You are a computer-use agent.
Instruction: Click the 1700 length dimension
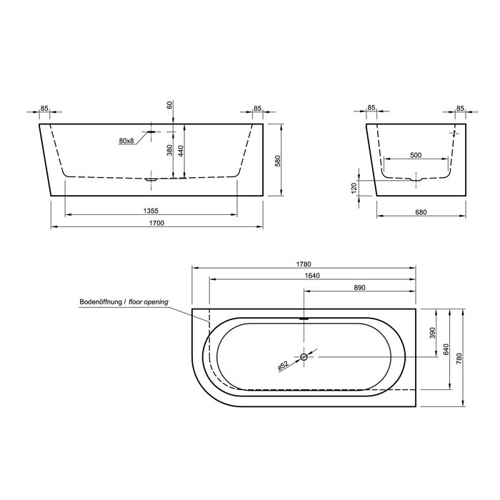tap(157, 223)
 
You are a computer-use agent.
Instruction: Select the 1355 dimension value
tap(151, 211)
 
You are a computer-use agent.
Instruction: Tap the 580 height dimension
tap(278, 161)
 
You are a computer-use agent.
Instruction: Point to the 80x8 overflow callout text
tap(126, 141)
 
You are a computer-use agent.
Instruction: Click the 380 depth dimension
tap(170, 150)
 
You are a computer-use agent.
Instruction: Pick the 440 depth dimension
tap(181, 151)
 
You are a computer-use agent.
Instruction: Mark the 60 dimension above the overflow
tap(170, 104)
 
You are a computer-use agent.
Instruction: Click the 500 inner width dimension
tap(416, 155)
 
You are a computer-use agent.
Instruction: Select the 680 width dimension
tap(421, 212)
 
